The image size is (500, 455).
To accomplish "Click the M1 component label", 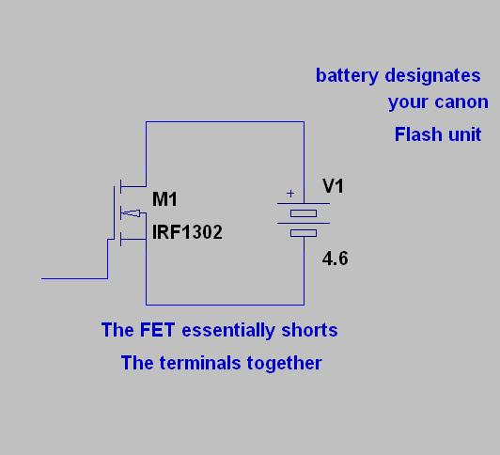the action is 164,199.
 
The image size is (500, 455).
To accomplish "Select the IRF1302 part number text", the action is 187,232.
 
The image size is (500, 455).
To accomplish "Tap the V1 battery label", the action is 333,185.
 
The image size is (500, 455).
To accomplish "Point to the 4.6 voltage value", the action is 335,259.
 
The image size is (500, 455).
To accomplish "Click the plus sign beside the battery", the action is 290,194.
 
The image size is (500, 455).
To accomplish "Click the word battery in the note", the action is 347,76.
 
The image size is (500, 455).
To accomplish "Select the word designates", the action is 432,75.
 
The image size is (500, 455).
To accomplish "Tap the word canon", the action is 461,102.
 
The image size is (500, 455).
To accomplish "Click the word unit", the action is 464,134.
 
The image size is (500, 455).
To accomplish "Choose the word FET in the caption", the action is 157,330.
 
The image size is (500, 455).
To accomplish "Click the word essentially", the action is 228,330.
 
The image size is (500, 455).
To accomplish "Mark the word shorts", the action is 309,330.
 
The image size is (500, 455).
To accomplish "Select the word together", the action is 285,363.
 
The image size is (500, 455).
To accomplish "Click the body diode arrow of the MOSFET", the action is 132,213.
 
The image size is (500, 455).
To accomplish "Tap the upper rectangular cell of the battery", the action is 304,213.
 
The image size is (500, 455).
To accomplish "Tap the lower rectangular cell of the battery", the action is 304,233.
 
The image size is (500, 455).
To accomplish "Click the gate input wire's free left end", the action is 41,278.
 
